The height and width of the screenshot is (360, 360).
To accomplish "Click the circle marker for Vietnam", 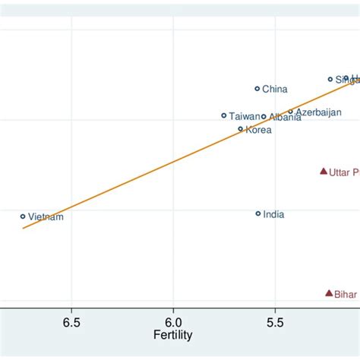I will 23,216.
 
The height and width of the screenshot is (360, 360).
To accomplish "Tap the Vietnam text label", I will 46,217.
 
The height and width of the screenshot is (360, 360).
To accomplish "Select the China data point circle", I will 257,89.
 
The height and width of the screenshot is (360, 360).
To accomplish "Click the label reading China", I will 275,90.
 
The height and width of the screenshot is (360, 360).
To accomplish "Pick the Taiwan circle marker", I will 224,115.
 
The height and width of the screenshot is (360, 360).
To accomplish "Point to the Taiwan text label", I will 244,116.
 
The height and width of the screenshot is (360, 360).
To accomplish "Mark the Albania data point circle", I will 264,117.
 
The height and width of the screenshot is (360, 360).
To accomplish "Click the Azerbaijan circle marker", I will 290,112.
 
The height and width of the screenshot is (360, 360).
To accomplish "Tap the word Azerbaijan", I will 318,112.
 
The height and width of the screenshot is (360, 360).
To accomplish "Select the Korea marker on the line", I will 241,129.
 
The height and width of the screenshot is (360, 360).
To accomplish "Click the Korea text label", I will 258,130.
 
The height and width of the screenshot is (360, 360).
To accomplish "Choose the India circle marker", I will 258,214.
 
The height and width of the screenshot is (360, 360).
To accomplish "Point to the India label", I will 273,215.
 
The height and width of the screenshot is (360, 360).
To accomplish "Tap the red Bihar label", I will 346,295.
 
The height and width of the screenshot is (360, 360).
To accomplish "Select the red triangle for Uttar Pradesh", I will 324,172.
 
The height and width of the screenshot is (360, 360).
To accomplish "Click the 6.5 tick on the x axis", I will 71,321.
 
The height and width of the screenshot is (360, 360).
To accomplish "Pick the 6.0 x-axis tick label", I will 173,321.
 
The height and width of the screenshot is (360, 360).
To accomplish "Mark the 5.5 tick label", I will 275,321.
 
